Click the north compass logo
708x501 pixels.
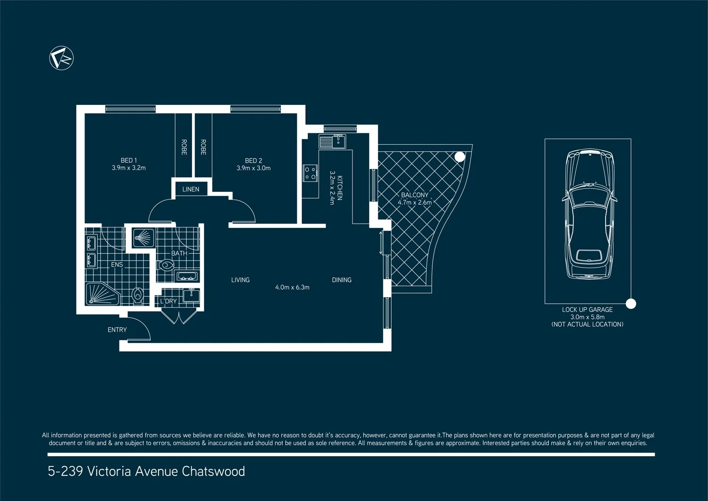tap(62, 58)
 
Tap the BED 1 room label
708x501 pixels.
tap(128, 160)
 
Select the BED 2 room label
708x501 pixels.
tap(253, 161)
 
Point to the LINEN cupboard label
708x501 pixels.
tap(191, 189)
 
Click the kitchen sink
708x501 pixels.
tap(332, 141)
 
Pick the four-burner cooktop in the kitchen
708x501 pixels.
tap(310, 173)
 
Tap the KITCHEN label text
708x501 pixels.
tap(340, 188)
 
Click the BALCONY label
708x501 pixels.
tap(414, 195)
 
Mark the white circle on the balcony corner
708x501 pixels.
tap(459, 157)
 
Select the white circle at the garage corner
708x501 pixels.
tap(631, 304)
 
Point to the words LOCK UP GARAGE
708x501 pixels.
tap(587, 310)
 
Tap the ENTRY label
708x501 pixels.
tap(117, 329)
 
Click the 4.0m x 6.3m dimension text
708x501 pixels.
tap(292, 287)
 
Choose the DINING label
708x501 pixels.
tap(341, 280)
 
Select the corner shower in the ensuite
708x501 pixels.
tap(101, 294)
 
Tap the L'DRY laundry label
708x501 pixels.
tap(168, 301)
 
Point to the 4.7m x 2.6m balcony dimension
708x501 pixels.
tap(414, 202)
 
